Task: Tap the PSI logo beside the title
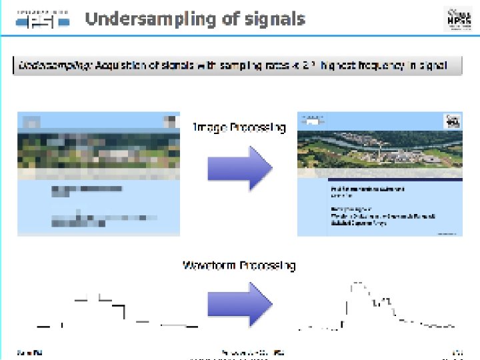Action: (x=43, y=19)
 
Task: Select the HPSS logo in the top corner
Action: (x=457, y=19)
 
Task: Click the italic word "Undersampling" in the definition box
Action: (x=55, y=65)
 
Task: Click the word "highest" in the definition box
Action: (x=343, y=65)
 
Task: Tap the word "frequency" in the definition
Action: (x=387, y=65)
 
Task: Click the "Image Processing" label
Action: (x=239, y=127)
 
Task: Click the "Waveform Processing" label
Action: (x=239, y=265)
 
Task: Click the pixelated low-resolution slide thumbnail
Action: (x=97, y=173)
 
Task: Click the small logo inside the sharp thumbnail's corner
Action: (x=452, y=121)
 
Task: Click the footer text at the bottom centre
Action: (x=253, y=351)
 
